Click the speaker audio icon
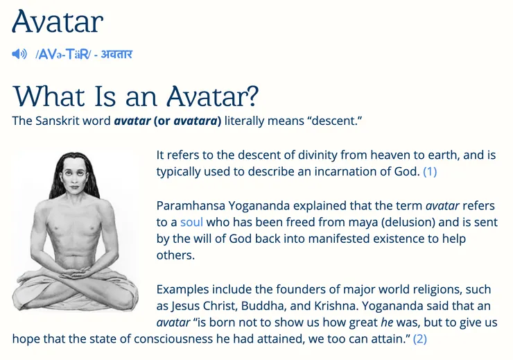tap(19, 54)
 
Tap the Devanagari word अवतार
tap(116, 54)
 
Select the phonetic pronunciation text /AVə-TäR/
tap(63, 54)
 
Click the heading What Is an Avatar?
tap(136, 95)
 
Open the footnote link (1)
tap(430, 171)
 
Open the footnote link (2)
tap(420, 339)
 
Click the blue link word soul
tap(191, 222)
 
